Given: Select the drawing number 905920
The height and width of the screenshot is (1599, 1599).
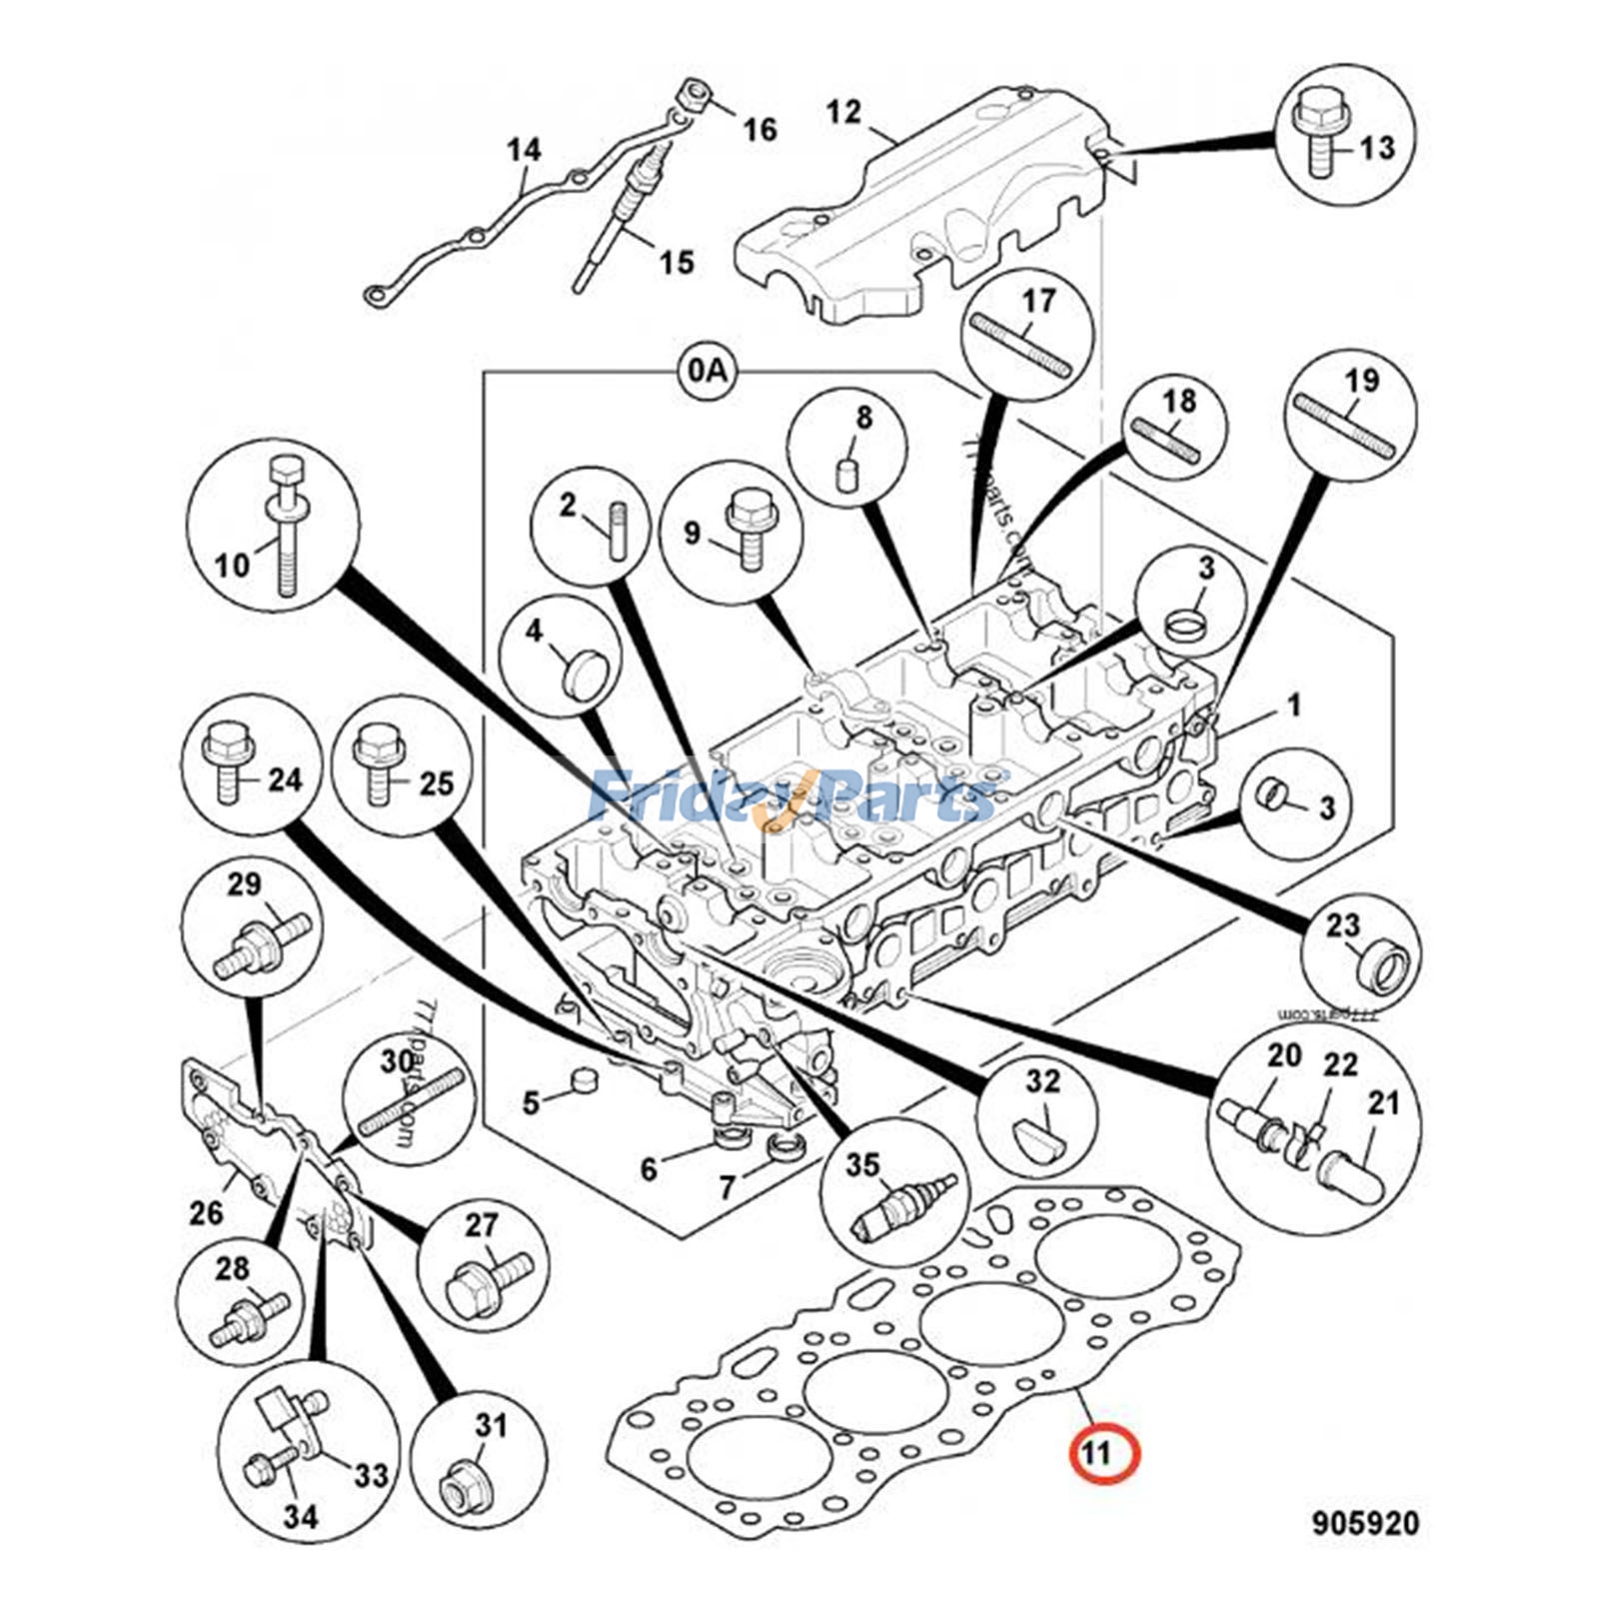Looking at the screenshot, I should [1364, 1523].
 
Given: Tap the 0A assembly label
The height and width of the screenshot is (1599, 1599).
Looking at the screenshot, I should [706, 371].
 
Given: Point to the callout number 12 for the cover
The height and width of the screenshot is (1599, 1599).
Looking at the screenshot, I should [843, 112].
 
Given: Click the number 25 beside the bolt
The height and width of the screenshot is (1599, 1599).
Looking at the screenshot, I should [437, 784].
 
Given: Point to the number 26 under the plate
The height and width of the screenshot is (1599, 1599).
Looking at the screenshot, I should [206, 1213].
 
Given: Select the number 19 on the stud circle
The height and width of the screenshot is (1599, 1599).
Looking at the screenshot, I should [1361, 381].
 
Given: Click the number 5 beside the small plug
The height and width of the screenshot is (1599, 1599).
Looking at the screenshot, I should [530, 1103].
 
